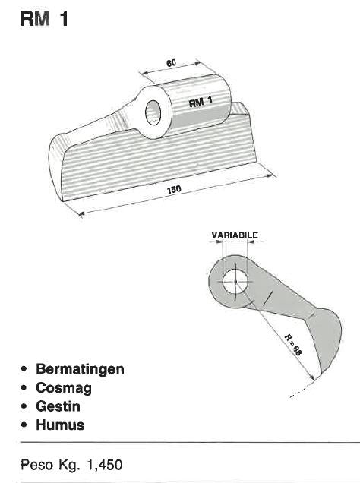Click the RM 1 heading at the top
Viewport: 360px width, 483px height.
pos(44,18)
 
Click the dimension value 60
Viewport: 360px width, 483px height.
pos(171,63)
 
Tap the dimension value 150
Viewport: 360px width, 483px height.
pos(174,189)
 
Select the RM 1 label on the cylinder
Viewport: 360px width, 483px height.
pos(201,101)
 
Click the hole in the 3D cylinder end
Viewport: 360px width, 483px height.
pos(153,112)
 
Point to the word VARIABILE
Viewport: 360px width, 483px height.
pos(235,235)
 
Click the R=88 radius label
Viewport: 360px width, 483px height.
pos(292,345)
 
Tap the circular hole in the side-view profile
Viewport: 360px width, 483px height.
pos(235,282)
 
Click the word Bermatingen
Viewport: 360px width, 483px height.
pos(80,369)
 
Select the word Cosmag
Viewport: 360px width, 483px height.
pos(64,388)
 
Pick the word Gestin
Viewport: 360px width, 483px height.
pos(58,406)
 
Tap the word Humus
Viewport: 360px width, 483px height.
pos(60,425)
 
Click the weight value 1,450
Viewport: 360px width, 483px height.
pos(105,465)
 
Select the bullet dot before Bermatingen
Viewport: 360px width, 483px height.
pos(24,369)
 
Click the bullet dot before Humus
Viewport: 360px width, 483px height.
pos(24,425)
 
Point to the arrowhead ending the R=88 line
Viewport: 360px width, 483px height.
pos(311,377)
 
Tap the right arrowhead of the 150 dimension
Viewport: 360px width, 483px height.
pos(270,175)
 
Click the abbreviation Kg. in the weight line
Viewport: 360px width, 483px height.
pos(69,465)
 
